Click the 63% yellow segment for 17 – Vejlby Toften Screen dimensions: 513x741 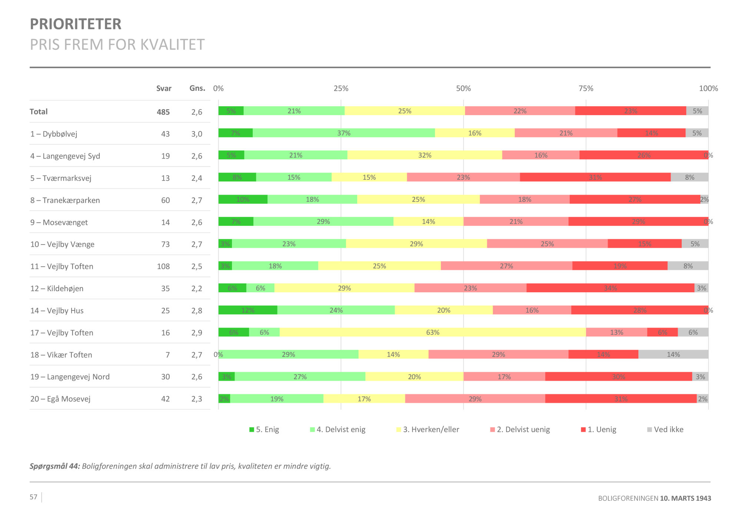432,332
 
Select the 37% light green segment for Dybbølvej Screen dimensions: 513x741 343,133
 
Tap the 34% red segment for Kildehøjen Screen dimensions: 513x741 610,288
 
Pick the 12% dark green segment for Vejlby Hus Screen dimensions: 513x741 247,310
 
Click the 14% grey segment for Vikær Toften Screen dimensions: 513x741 673,354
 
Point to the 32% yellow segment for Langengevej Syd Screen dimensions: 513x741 425,155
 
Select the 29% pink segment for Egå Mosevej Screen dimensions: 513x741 475,399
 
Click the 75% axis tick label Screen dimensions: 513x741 586,89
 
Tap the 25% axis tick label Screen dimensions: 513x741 341,89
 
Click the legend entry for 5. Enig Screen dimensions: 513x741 264,430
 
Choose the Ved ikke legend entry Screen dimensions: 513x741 665,430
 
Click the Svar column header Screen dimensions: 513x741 164,89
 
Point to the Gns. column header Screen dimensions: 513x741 197,88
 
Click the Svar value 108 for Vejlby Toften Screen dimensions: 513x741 163,266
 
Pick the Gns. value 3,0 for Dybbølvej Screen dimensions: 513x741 197,134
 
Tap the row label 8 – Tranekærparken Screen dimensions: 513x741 65,200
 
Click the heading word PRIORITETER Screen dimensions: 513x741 76,24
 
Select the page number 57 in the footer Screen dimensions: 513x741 33,497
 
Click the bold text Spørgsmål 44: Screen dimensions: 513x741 55,466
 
